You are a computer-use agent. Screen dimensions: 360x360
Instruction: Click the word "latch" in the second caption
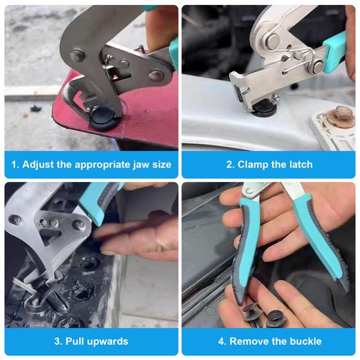(x=301, y=165)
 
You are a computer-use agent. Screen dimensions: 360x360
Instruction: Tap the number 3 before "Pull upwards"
(x=58, y=341)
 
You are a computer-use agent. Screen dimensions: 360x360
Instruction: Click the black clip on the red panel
(x=104, y=120)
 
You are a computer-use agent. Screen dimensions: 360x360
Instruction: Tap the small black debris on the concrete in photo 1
(x=36, y=109)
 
